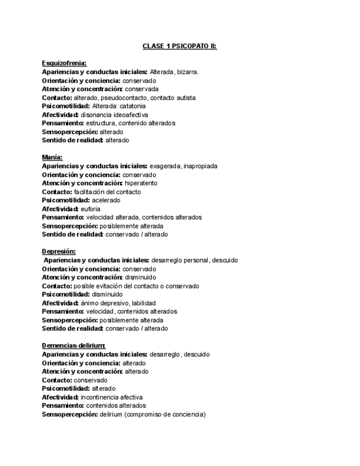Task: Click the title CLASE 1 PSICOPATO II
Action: pos(180,46)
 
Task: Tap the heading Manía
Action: pos(52,157)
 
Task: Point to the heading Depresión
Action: pos(59,252)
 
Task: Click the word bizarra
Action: pos(188,72)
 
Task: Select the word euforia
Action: pos(91,209)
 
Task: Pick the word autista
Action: pos(186,98)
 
